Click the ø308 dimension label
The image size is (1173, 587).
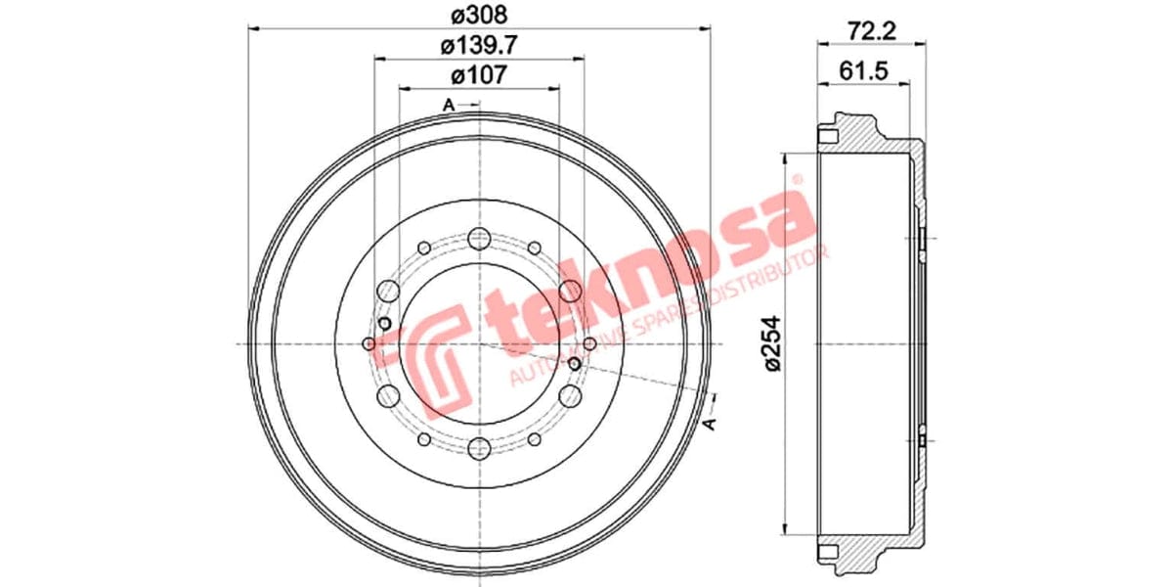(x=479, y=14)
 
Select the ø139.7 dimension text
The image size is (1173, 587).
(x=479, y=44)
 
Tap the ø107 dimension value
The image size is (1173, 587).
(x=479, y=74)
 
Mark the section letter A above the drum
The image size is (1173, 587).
(x=449, y=105)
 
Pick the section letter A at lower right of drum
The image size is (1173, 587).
(x=711, y=422)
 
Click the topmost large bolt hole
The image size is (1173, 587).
(x=479, y=238)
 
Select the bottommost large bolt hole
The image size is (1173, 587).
(x=479, y=448)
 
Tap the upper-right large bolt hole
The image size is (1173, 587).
(x=571, y=291)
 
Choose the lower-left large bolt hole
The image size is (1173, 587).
(x=387, y=396)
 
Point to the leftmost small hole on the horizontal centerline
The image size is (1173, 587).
(x=369, y=343)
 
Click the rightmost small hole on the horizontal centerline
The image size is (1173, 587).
(x=589, y=343)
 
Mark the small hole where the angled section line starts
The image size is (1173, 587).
(x=574, y=365)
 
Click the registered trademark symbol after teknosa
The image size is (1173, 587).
(x=797, y=180)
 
